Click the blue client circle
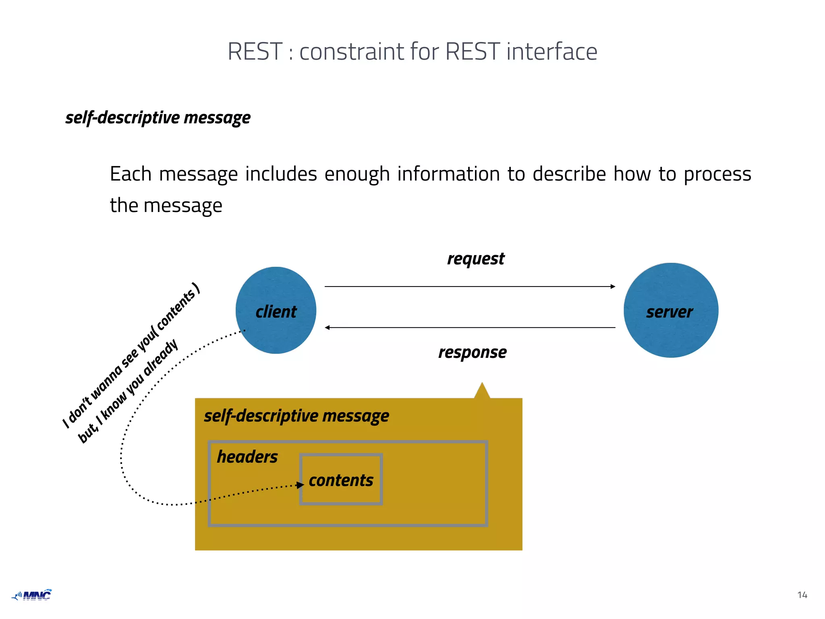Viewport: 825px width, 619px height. click(x=276, y=310)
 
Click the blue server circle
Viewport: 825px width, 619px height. click(x=671, y=310)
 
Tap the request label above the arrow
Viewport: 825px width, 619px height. click(x=476, y=259)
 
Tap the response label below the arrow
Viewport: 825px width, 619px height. click(x=472, y=352)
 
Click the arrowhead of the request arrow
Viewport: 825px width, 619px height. click(x=613, y=287)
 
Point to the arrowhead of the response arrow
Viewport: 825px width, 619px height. click(x=328, y=328)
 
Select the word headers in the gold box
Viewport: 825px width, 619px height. click(x=247, y=457)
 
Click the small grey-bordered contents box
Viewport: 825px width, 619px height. click(x=341, y=480)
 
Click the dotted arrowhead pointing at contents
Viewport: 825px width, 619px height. click(x=300, y=485)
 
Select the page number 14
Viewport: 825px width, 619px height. click(x=802, y=595)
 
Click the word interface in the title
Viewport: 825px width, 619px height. click(x=551, y=52)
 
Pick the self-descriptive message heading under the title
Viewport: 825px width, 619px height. click(x=158, y=118)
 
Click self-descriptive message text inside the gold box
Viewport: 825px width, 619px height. click(x=296, y=416)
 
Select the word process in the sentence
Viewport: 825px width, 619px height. click(x=717, y=174)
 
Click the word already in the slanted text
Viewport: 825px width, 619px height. click(x=160, y=358)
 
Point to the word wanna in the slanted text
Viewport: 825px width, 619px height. click(x=106, y=383)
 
